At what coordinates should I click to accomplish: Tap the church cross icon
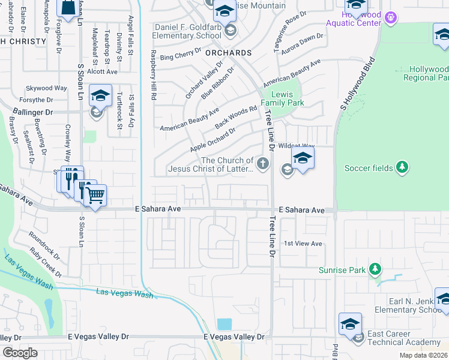click(x=262, y=163)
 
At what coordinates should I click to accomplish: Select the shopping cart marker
click(x=95, y=194)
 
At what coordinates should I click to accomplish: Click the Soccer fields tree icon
click(x=404, y=167)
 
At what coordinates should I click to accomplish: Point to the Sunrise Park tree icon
click(x=375, y=269)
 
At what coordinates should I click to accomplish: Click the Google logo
click(x=20, y=353)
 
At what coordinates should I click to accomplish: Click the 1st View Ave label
click(x=303, y=244)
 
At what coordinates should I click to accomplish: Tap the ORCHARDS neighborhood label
click(x=228, y=53)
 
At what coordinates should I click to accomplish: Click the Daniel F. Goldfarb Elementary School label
click(x=188, y=31)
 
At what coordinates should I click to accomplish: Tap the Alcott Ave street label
click(x=102, y=71)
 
